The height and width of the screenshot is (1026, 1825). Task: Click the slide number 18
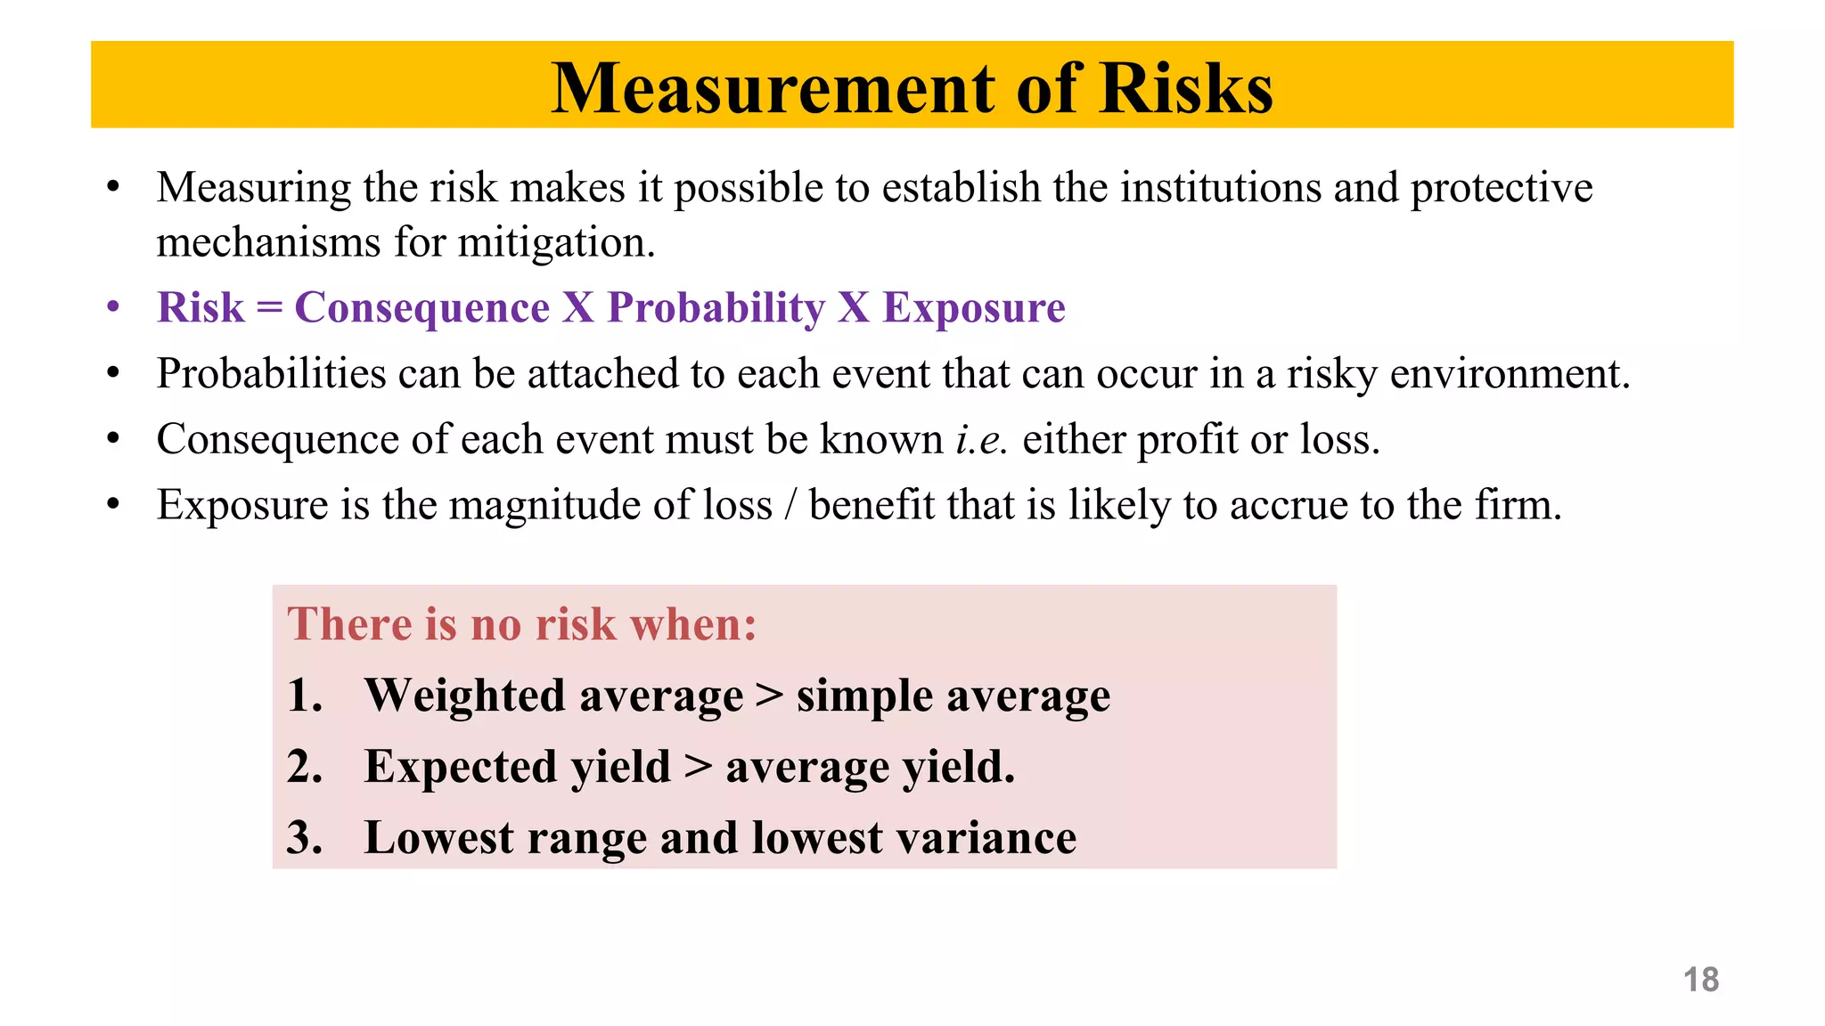pyautogui.click(x=1700, y=980)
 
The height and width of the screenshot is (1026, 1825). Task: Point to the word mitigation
pyautogui.click(x=556, y=242)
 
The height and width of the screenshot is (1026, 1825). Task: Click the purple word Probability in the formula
pyautogui.click(x=716, y=308)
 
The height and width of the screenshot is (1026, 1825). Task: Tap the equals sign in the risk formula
pyautogui.click(x=269, y=309)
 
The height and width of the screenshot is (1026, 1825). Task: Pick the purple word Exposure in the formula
pyautogui.click(x=974, y=308)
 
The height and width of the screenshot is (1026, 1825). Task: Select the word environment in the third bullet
pyautogui.click(x=1510, y=374)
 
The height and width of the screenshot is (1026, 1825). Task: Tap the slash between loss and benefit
pyautogui.click(x=790, y=506)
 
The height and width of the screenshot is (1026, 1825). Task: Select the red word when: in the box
pyautogui.click(x=693, y=624)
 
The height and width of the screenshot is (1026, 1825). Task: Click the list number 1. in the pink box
pyautogui.click(x=305, y=696)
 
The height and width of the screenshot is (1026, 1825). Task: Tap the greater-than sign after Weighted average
pyautogui.click(x=769, y=696)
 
